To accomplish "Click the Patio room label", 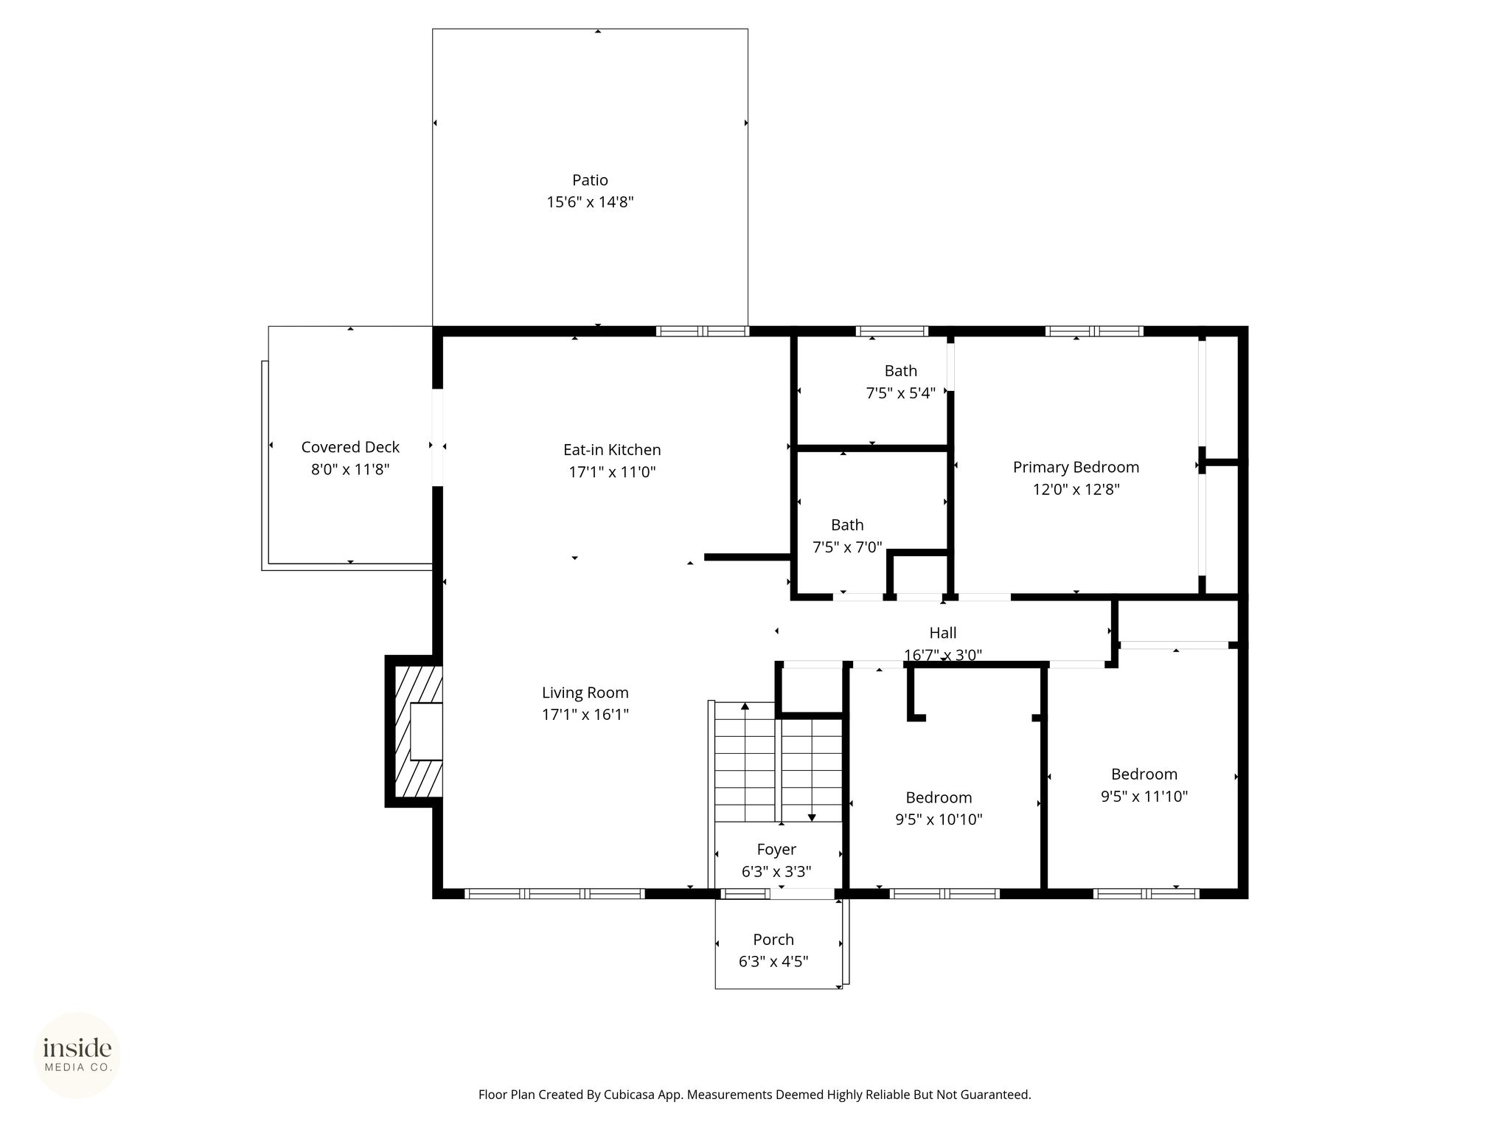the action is point(590,180).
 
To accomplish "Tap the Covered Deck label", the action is point(350,447).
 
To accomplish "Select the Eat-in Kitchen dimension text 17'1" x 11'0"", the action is point(612,472).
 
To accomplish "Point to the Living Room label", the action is point(585,693).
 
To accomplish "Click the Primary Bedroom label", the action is point(1076,467).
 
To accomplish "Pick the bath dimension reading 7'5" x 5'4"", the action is point(901,393).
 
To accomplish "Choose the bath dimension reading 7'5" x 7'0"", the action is point(847,547).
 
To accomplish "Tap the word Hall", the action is point(943,633).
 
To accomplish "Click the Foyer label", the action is point(776,850).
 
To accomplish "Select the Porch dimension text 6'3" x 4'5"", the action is point(773,962).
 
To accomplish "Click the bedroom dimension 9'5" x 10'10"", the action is point(939,820).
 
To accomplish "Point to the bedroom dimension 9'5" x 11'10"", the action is point(1144,796).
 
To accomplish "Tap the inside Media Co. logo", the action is point(77,1055).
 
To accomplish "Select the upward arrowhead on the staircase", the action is point(745,707).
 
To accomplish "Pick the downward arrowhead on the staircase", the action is point(812,817).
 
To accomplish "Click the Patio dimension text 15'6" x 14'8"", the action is point(590,202).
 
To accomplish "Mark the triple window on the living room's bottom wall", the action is point(555,893).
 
